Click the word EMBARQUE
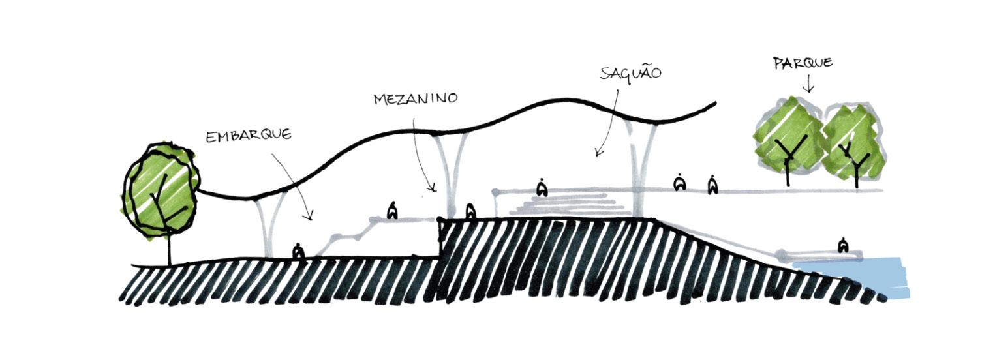(248, 136)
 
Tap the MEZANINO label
(416, 98)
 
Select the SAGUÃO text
(630, 72)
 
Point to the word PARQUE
(803, 63)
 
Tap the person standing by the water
(844, 245)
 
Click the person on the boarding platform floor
(298, 251)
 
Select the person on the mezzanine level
(392, 210)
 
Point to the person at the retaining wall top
(470, 211)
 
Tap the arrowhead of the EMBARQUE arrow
(311, 217)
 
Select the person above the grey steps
(541, 188)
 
